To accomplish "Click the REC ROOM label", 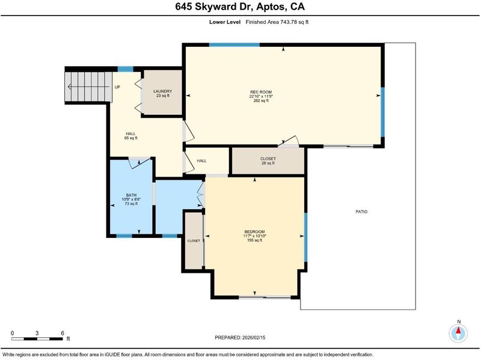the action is click(x=261, y=92).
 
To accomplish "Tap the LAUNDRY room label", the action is click(x=162, y=91).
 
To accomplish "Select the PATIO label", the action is click(x=361, y=212).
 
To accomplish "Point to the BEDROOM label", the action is click(x=254, y=231).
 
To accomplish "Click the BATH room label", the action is click(x=131, y=195).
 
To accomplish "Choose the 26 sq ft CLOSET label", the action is click(x=268, y=159).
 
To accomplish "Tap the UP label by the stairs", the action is click(x=117, y=87).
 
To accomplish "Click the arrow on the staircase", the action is click(x=88, y=87).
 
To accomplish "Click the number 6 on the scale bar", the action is click(x=63, y=333).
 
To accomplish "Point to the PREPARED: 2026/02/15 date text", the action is click(x=240, y=338).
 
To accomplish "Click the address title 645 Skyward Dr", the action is click(x=214, y=7).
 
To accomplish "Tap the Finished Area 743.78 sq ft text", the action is click(x=277, y=22).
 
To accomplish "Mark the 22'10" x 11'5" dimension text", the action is click(x=261, y=96).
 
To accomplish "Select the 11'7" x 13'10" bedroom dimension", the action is click(x=254, y=236).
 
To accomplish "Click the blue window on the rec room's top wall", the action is click(x=234, y=44).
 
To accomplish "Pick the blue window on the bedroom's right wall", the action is click(x=305, y=237).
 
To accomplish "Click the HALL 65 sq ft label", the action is click(x=130, y=136).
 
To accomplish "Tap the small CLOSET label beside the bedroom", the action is click(x=194, y=241).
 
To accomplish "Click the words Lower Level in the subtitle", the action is click(x=225, y=22).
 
